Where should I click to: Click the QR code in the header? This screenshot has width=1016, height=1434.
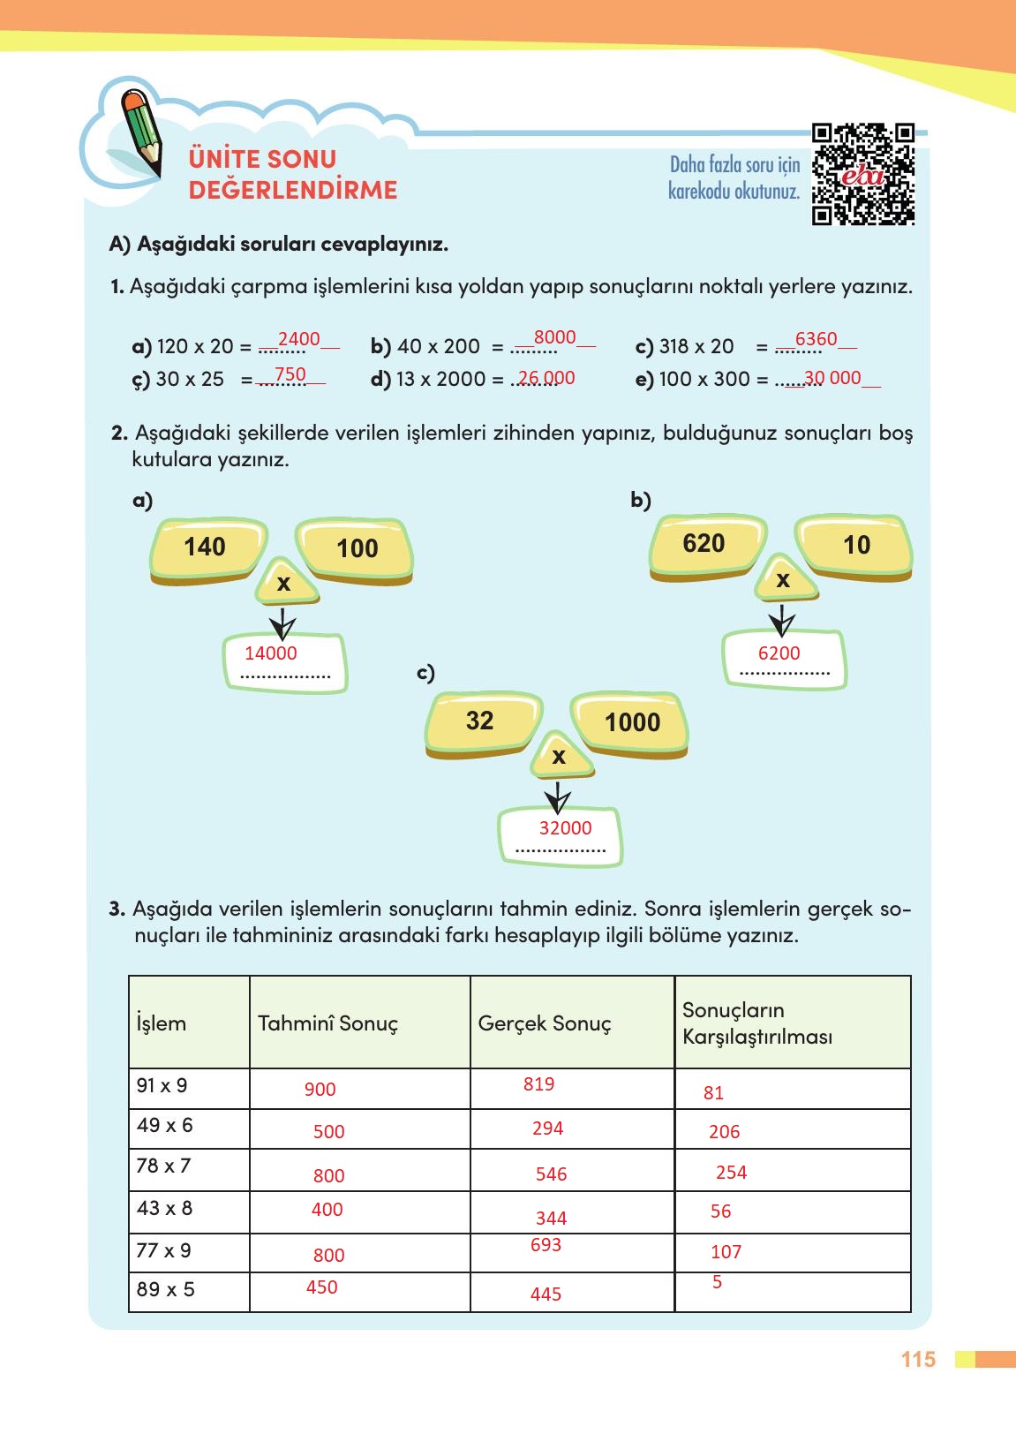point(862,174)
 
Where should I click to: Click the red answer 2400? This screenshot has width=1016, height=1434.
point(299,339)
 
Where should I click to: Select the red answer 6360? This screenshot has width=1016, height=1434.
point(816,339)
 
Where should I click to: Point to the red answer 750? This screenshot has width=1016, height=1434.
point(290,374)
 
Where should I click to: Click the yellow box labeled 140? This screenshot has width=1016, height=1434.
point(207,548)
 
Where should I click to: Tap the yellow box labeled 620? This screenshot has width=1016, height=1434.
point(705,544)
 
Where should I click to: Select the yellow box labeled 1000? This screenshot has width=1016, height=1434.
point(630,723)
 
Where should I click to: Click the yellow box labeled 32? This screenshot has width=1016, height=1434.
point(482,722)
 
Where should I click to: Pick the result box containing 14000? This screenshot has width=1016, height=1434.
point(284,662)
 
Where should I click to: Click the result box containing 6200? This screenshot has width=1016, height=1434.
point(783,659)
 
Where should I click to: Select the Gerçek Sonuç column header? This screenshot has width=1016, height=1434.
point(545,1023)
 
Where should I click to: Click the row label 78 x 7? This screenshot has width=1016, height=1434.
point(163,1166)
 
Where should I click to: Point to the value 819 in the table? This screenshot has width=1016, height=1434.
point(538,1084)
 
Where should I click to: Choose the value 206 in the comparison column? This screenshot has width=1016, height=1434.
point(724,1132)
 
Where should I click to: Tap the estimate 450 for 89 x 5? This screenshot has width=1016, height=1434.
point(321,1287)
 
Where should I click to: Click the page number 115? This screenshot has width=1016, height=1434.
point(918,1360)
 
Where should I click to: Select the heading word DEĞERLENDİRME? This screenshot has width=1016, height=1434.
point(293,191)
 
